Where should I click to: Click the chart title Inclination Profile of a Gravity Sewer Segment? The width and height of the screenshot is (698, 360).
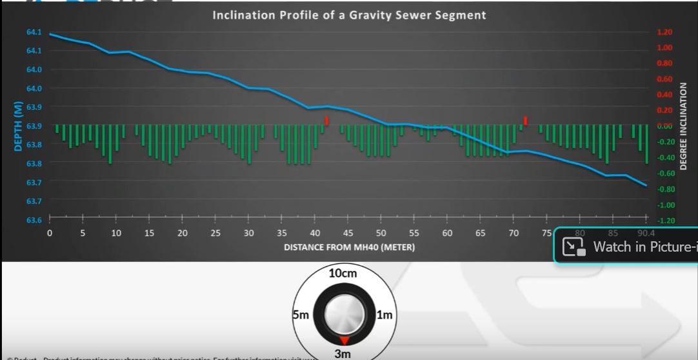coord(349,14)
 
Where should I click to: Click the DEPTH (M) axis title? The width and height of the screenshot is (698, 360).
coord(18,126)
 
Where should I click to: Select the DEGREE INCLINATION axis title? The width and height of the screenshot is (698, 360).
coord(683,126)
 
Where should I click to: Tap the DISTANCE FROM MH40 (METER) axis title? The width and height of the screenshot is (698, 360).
coord(349,247)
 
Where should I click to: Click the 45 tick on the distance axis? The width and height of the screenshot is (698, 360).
coord(348,233)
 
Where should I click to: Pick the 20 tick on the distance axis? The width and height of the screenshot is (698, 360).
coord(183,233)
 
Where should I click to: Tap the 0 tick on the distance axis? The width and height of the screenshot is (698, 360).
coord(50,233)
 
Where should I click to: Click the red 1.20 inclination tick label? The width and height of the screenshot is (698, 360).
coord(664,32)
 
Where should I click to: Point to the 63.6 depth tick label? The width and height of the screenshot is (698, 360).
coord(34,220)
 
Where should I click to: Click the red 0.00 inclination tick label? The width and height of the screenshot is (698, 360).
coord(664,126)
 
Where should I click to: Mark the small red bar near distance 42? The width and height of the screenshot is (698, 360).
coord(327,121)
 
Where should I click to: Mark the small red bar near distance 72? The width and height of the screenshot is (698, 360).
coord(526,120)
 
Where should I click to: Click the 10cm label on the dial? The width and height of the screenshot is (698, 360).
coord(343,273)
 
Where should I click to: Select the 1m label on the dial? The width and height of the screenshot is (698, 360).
coord(384,315)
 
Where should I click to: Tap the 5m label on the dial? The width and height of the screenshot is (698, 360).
coord(301,315)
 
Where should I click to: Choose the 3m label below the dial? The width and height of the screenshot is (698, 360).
coord(343,354)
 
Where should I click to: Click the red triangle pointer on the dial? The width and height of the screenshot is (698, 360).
coord(344,340)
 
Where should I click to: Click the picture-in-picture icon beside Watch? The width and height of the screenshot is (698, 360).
coord(573,247)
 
